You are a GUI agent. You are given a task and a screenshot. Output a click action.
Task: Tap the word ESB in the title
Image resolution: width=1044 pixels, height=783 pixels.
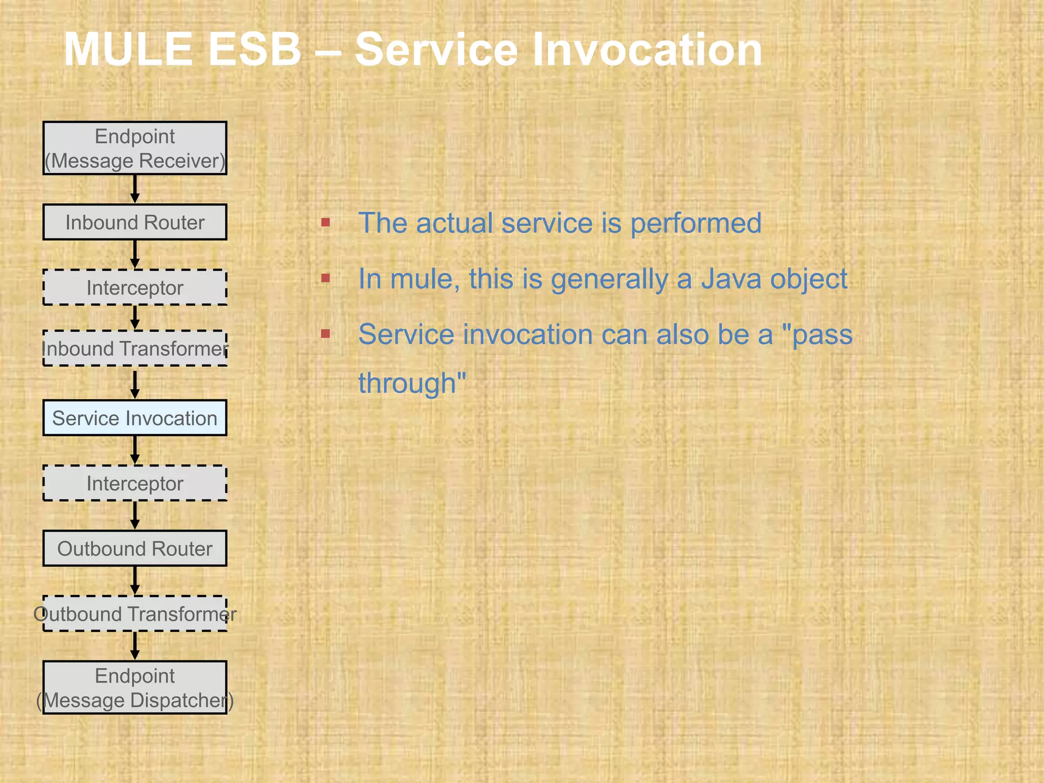coord(255,49)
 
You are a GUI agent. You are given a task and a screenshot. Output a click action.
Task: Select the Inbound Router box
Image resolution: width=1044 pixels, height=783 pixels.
coord(135,222)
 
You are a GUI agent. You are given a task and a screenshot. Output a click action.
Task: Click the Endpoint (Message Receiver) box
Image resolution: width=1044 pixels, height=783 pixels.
coord(135,148)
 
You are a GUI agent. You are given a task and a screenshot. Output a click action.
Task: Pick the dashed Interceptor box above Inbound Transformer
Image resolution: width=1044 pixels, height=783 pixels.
coord(135,288)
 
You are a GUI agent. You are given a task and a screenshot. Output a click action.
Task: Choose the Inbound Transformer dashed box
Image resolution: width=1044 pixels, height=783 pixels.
coord(135,349)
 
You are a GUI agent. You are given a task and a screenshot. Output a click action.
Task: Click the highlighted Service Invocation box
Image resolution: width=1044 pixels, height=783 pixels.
coord(135,418)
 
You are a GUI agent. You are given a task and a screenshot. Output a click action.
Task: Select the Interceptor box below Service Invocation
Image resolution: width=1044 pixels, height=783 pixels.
coord(135,483)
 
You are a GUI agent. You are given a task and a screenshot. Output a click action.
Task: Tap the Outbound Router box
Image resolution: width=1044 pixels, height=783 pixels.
coord(135,549)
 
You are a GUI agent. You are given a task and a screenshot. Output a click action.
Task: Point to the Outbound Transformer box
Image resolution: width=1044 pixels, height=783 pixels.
coord(135,614)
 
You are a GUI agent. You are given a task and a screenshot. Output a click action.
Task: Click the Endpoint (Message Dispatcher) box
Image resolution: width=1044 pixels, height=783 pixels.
coord(135,688)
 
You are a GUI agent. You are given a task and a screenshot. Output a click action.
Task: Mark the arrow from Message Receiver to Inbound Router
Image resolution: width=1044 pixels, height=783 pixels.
coord(135,189)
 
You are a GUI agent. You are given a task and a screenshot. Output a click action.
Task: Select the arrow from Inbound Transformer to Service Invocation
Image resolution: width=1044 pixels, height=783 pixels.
coord(135,384)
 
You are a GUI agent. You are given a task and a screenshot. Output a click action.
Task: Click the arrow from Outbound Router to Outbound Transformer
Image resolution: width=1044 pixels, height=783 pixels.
coord(135,581)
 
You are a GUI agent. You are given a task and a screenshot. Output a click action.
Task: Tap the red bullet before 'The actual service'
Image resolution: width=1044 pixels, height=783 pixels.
coord(326,222)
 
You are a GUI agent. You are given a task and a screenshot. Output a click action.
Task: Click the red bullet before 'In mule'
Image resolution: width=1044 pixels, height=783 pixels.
coord(326,278)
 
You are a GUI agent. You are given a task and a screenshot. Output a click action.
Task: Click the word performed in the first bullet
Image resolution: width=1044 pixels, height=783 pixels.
coord(696,223)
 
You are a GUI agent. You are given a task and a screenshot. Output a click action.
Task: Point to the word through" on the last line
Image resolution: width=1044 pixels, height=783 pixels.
coord(412,383)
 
